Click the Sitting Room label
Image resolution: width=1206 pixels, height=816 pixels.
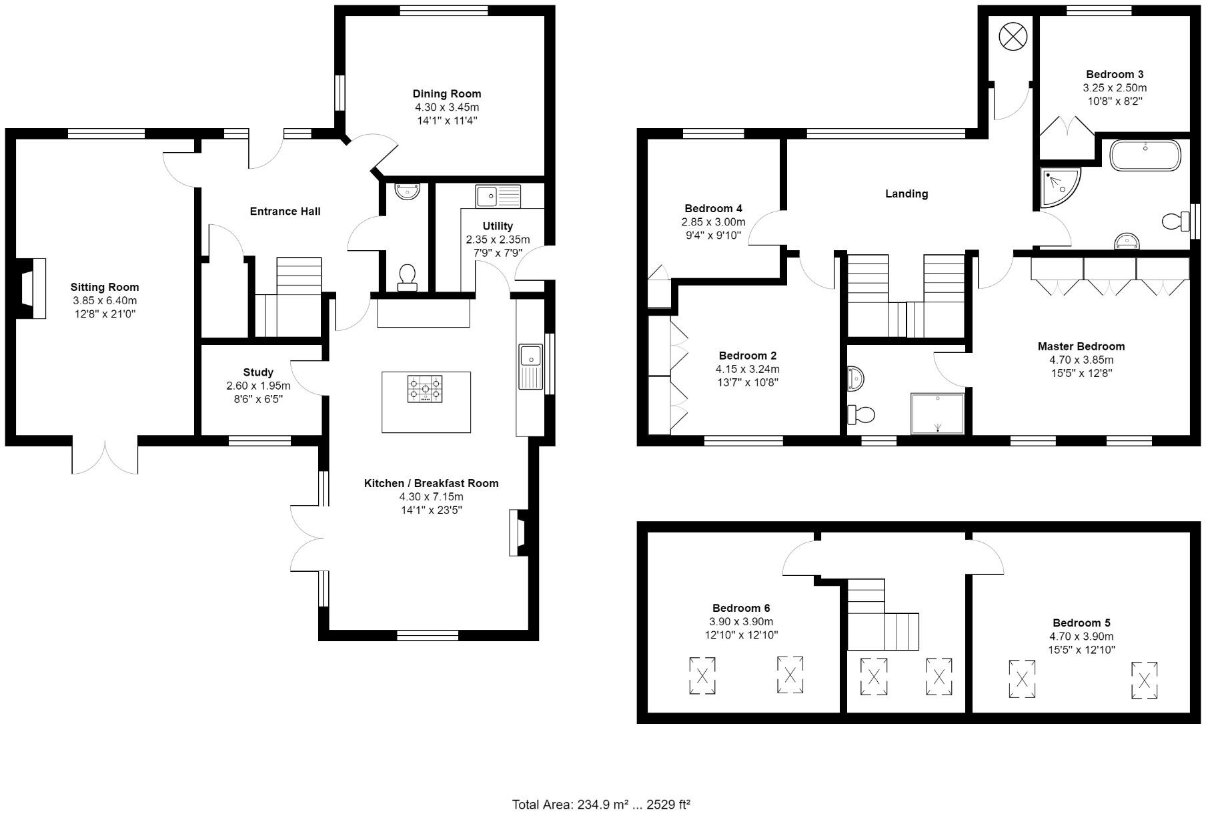[x=105, y=288]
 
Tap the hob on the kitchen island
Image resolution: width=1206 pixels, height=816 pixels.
[x=425, y=389]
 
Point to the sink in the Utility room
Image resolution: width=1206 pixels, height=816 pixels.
[x=498, y=196]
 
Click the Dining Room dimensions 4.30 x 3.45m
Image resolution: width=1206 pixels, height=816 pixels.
[x=447, y=107]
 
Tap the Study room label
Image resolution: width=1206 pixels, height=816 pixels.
[x=258, y=372]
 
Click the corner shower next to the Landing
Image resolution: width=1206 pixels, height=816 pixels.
[x=1061, y=188]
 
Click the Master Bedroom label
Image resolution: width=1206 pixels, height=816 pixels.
[x=1081, y=347]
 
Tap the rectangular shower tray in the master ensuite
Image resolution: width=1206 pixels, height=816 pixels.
[x=937, y=414]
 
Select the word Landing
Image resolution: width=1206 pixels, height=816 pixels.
[x=907, y=194]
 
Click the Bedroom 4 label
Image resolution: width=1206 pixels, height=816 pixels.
[x=713, y=209]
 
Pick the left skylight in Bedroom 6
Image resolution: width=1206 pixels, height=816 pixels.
[x=702, y=676]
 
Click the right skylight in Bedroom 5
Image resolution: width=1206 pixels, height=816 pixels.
[x=1144, y=681]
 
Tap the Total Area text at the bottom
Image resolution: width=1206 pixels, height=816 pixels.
[x=601, y=805]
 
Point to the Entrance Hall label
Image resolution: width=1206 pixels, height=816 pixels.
[x=285, y=212]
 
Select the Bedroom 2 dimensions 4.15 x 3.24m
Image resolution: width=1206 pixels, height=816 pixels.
[x=747, y=370]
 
